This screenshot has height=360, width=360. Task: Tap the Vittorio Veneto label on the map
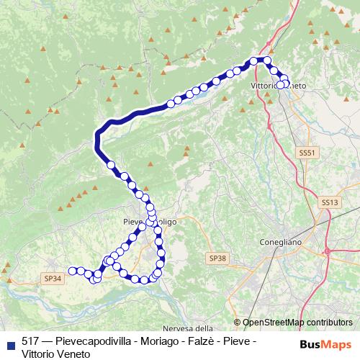[279, 86]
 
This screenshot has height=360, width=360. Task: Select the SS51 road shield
[307, 153]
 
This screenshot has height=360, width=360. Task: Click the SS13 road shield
[330, 203]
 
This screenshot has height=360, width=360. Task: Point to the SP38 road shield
[217, 258]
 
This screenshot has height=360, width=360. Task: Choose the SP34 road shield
[53, 278]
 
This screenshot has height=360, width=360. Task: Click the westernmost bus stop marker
[72, 271]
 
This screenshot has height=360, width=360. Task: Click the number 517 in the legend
[30, 341]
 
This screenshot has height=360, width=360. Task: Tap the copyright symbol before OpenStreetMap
[238, 323]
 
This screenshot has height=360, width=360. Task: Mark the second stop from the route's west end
[80, 271]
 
